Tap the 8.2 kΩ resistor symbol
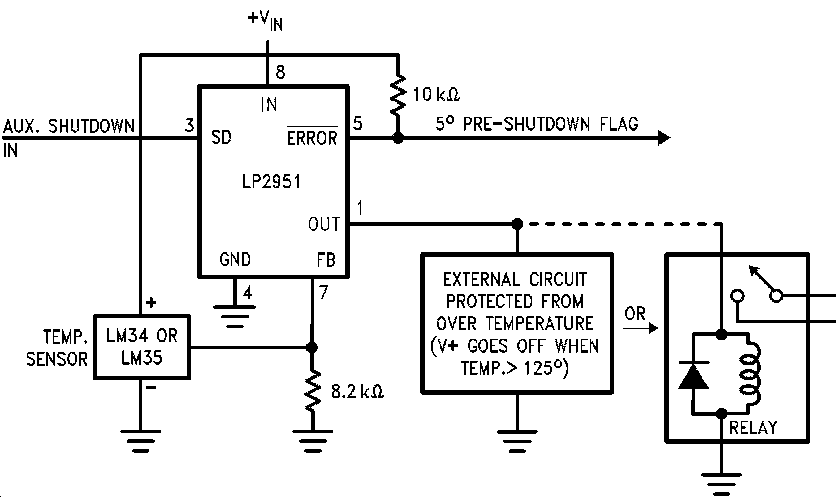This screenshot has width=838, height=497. coord(313,391)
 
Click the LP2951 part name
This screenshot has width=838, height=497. coord(271,182)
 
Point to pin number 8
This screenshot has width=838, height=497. coord(280,72)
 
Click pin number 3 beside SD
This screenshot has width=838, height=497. coord(189,126)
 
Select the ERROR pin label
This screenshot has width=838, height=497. coord(312,138)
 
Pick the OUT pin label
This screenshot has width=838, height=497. coord(324,224)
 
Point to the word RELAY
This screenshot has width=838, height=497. coord(753,428)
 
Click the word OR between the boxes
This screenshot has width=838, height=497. coord(635,314)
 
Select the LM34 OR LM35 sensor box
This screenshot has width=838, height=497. coord(142,347)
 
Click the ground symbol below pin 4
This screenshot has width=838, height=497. coord(234,316)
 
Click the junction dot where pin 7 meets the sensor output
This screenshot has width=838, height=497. coord(312,347)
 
